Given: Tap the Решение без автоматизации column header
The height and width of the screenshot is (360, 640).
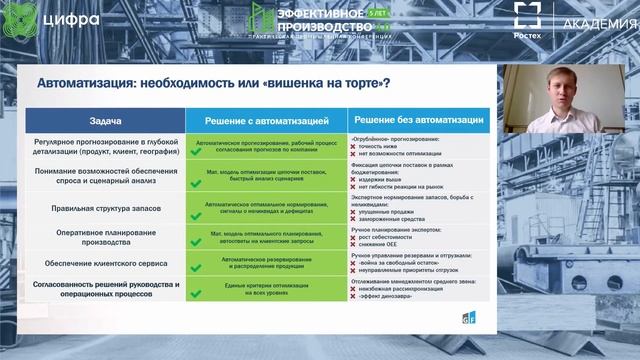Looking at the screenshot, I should coord(419,120).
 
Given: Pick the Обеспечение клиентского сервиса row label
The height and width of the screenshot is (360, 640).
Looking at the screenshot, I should coord(105,263).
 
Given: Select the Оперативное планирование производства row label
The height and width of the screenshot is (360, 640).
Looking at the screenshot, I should coord(105,236).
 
